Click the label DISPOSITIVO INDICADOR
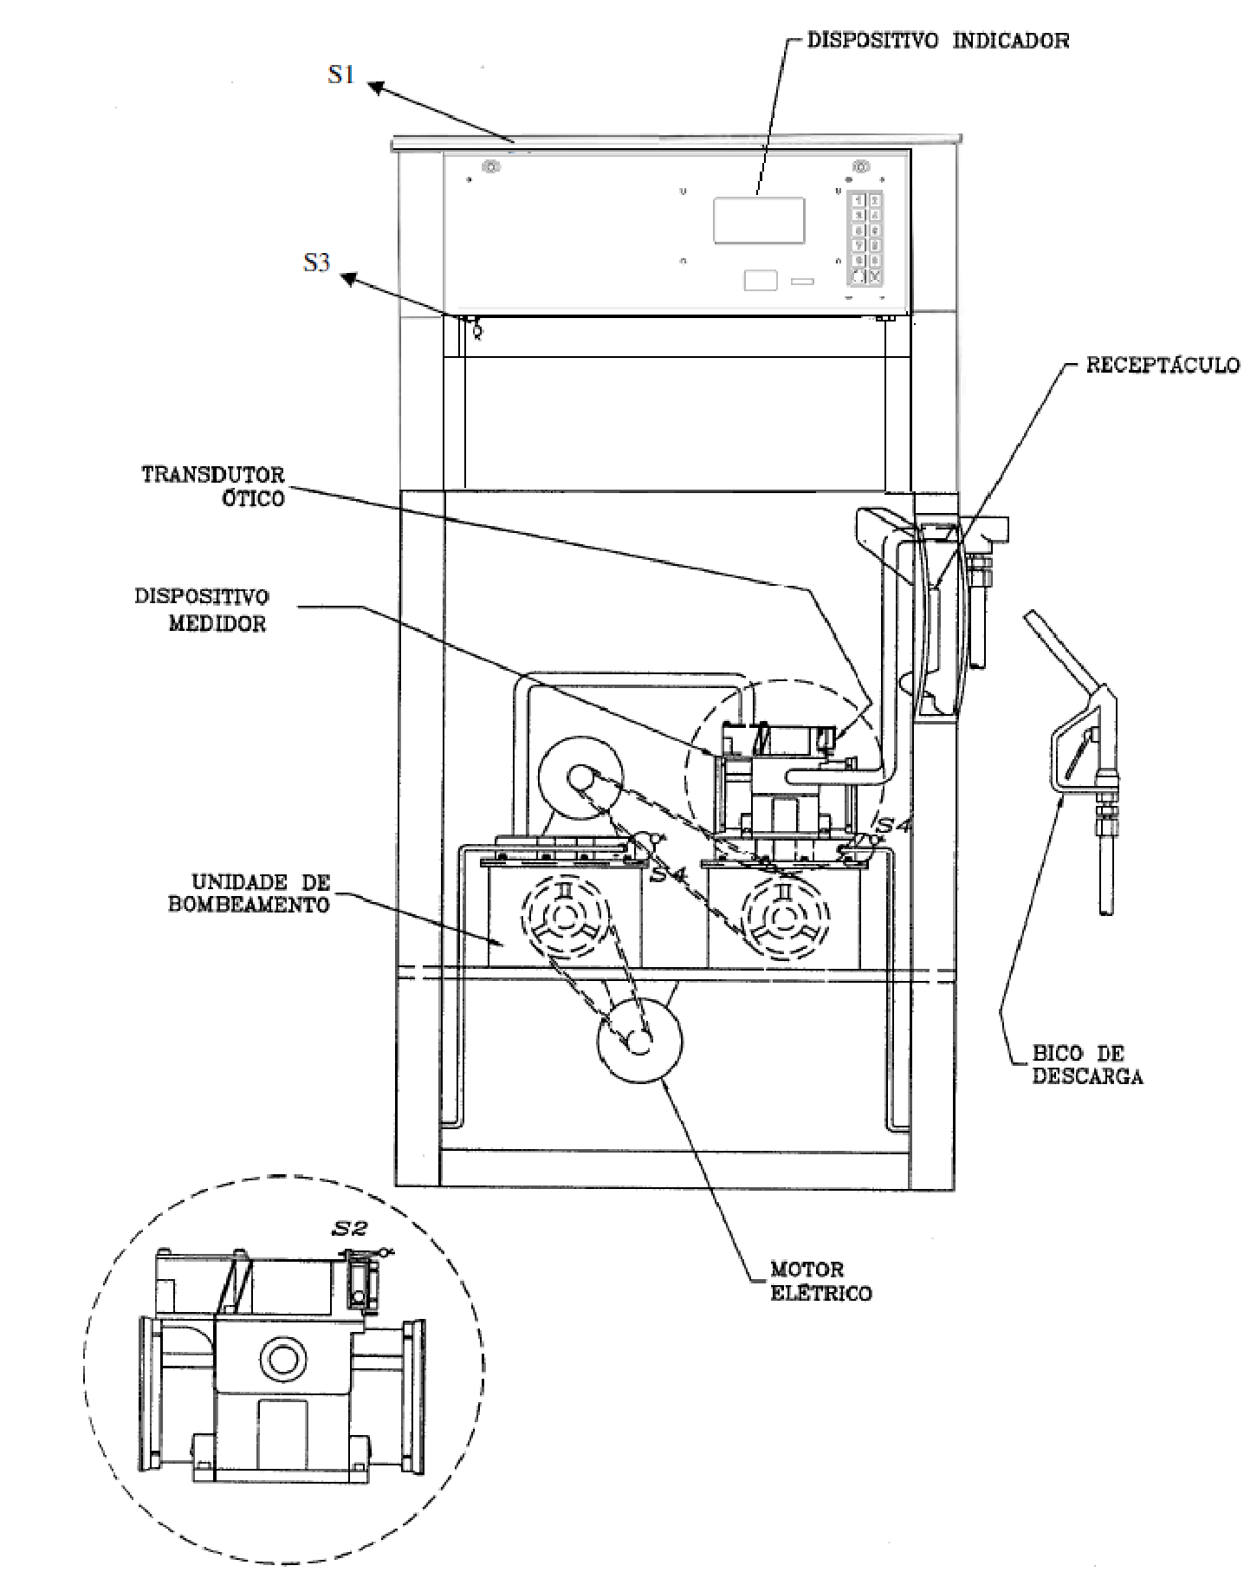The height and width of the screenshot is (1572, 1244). point(938,41)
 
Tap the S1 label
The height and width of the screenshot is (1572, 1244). point(340,75)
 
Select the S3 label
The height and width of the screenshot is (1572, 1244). point(317,262)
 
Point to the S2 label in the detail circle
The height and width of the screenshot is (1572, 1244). point(350,1228)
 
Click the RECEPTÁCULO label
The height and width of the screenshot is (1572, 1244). point(1163,365)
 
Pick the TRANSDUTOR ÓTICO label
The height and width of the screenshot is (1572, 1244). point(213,486)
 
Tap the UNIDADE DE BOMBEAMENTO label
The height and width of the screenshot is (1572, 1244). point(261,893)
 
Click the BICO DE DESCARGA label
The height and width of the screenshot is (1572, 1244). point(1087,1065)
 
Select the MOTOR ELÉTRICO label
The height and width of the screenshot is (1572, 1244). point(820,1282)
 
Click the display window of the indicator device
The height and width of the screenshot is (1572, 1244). point(759,220)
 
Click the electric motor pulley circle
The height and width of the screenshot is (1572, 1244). point(639,1040)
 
